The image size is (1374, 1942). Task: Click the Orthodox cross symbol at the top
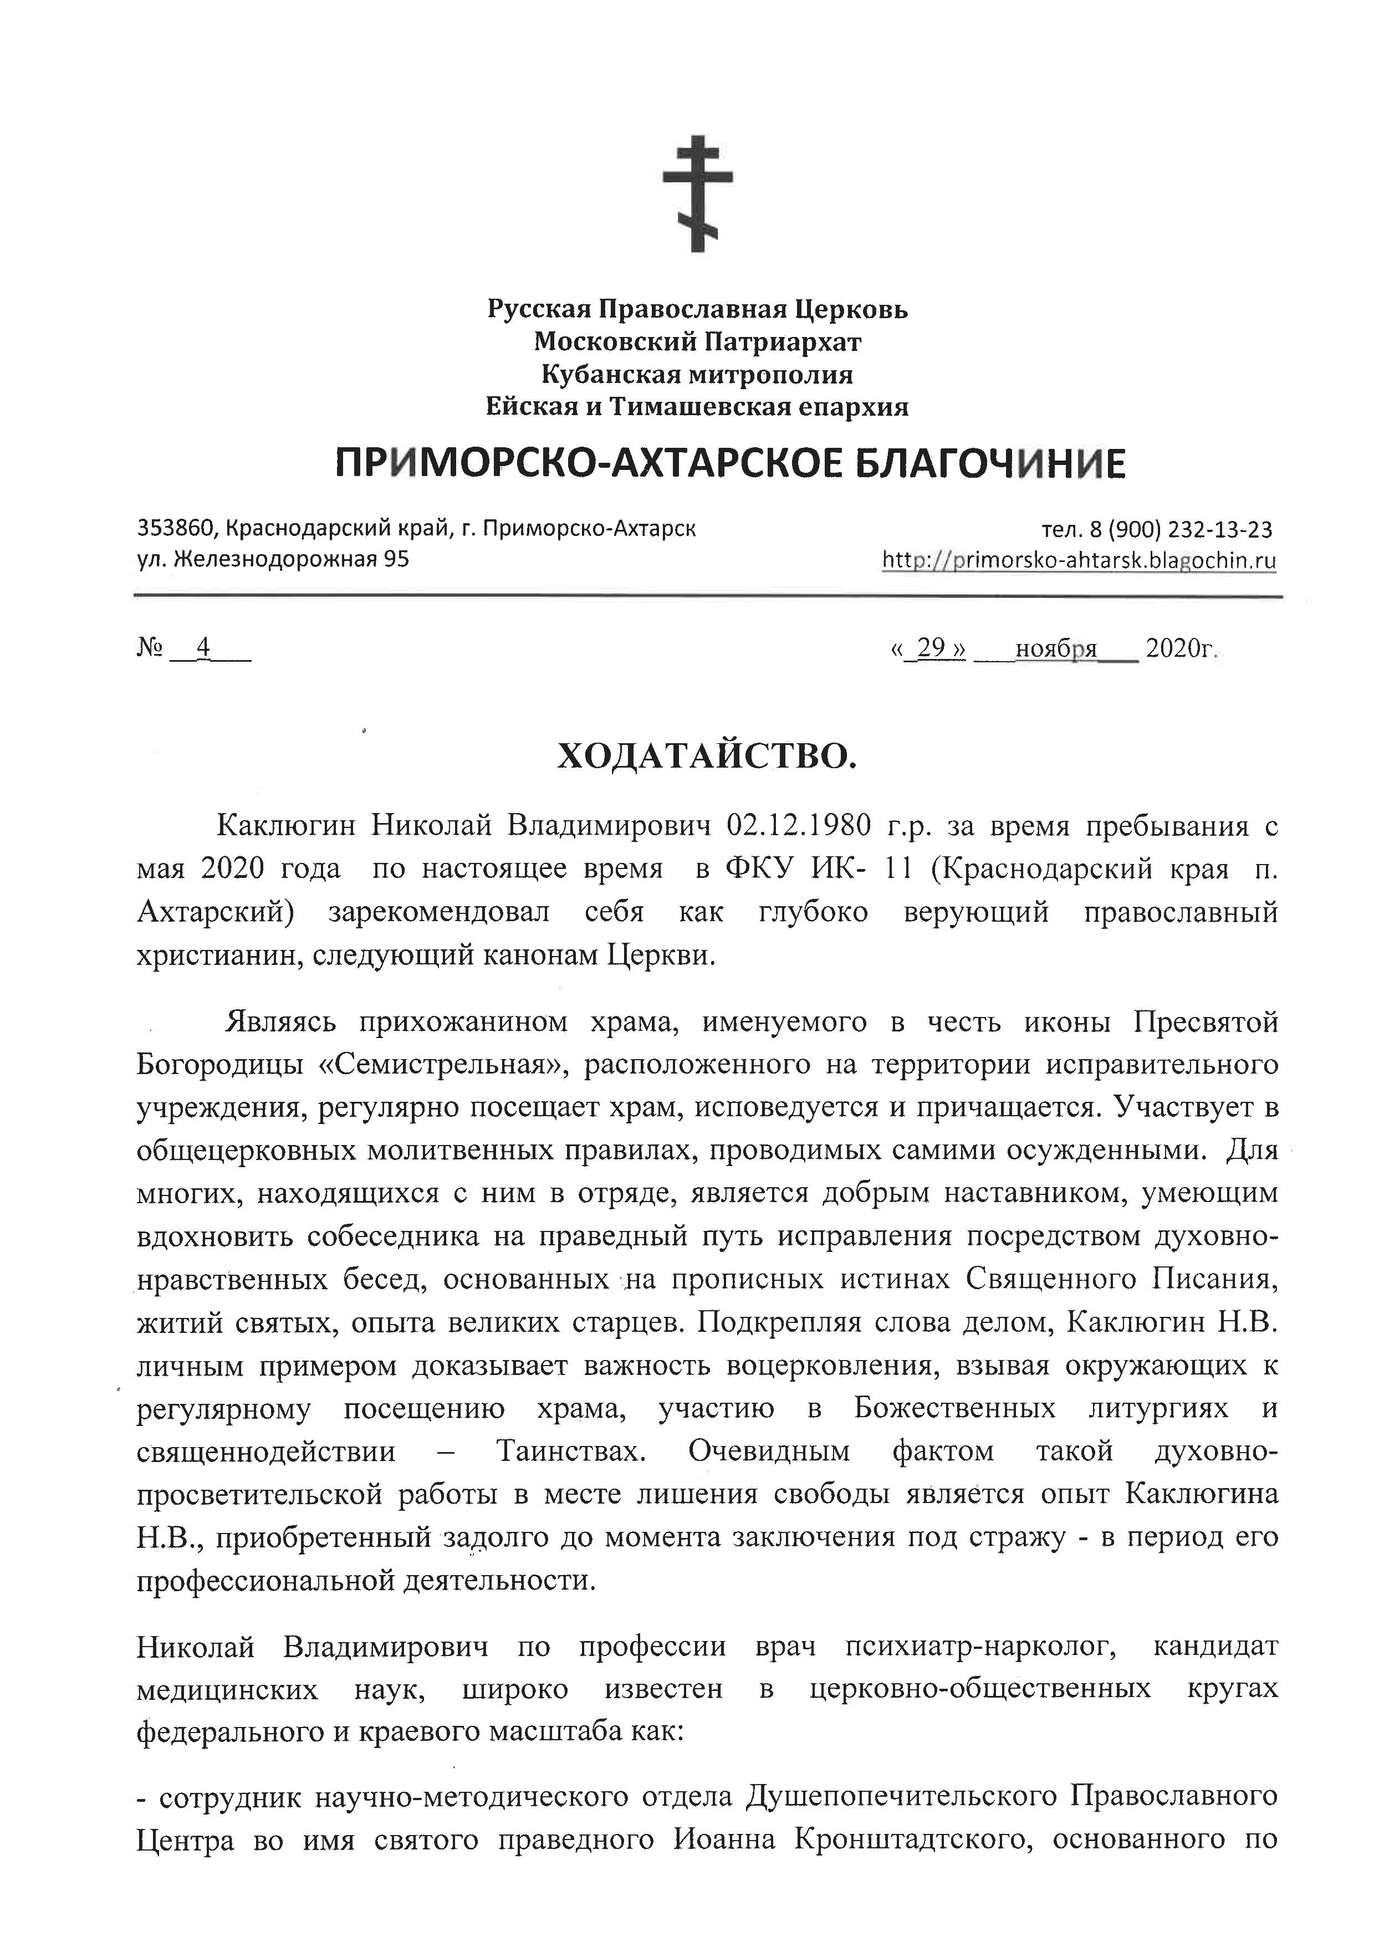pyautogui.click(x=697, y=193)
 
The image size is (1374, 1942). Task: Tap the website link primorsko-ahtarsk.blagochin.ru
pyautogui.click(x=1080, y=560)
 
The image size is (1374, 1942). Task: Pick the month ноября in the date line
pyautogui.click(x=1055, y=649)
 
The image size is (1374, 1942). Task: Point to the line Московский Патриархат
pyautogui.click(x=697, y=343)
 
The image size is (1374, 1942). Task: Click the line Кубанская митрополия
pyautogui.click(x=697, y=375)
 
